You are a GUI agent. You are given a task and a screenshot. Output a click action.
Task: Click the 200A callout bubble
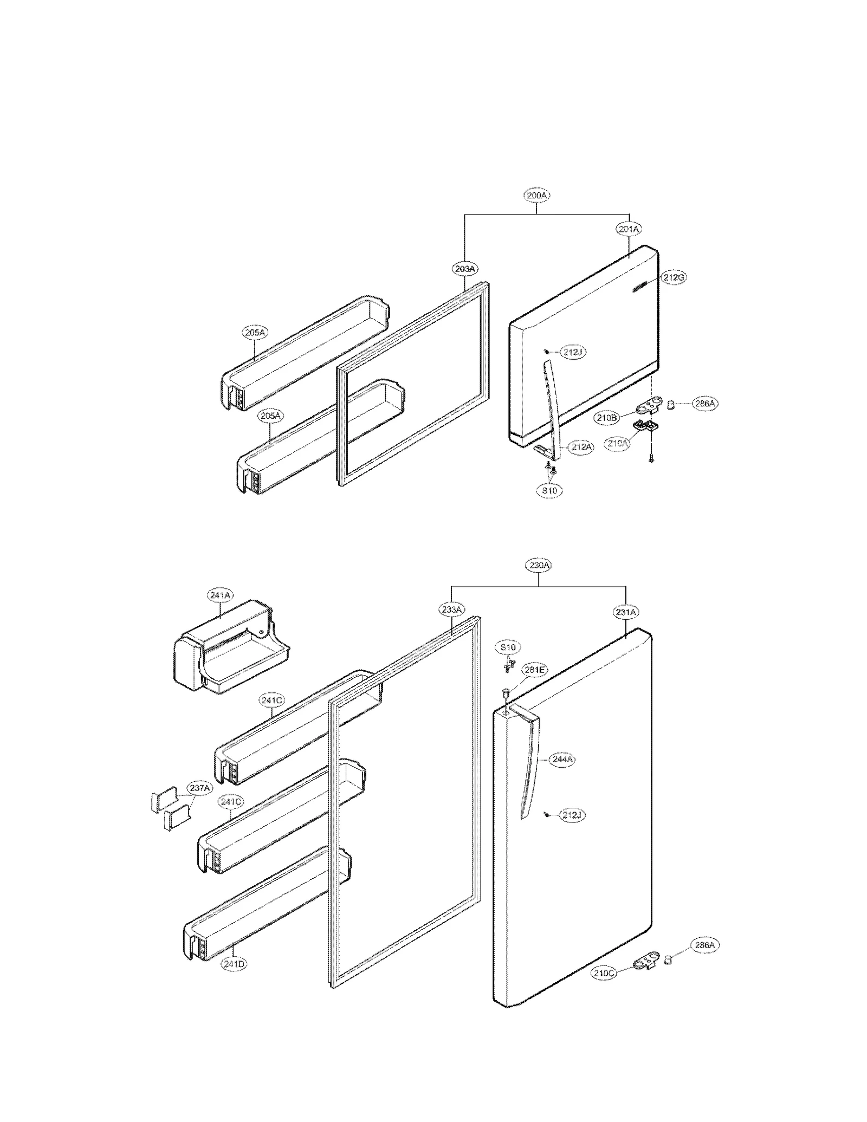click(x=536, y=194)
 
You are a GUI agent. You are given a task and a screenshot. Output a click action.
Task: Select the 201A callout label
click(x=628, y=229)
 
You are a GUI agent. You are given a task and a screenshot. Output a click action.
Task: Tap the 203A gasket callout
click(x=464, y=268)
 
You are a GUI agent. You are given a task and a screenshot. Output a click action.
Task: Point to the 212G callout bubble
click(x=674, y=277)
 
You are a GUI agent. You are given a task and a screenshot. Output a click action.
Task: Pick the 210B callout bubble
click(x=606, y=418)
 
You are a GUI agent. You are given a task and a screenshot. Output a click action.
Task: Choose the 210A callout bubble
click(x=617, y=443)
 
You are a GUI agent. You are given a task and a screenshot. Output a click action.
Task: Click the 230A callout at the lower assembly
click(x=539, y=565)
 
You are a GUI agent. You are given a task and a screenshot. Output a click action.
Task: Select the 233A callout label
click(x=451, y=609)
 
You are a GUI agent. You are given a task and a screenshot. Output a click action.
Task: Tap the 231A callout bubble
click(x=626, y=612)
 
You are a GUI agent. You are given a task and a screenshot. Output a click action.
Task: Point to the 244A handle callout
click(x=562, y=759)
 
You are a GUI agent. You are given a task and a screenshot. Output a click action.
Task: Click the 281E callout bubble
click(x=535, y=670)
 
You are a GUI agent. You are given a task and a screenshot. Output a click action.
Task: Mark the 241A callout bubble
click(x=219, y=595)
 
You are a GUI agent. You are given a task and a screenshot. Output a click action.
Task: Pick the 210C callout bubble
click(x=603, y=972)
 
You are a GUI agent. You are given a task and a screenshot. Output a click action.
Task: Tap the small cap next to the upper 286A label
click(x=670, y=404)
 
